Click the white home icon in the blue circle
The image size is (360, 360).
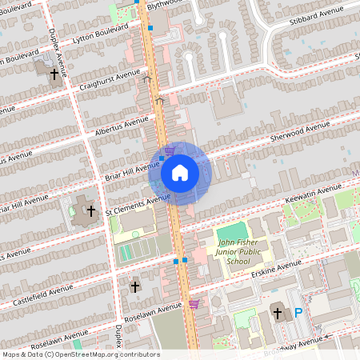coord(180,173)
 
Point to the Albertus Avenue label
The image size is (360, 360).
coord(120,126)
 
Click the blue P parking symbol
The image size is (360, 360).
coord(298,314)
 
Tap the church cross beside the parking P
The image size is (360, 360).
coord(278,314)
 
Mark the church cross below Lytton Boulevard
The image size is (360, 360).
coord(54,74)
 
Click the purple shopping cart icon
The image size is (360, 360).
coord(194,304)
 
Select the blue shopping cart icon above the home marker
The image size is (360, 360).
coord(170,150)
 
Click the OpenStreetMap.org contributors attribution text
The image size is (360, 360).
coord(113,354)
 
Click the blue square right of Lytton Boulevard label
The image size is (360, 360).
coord(150,28)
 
